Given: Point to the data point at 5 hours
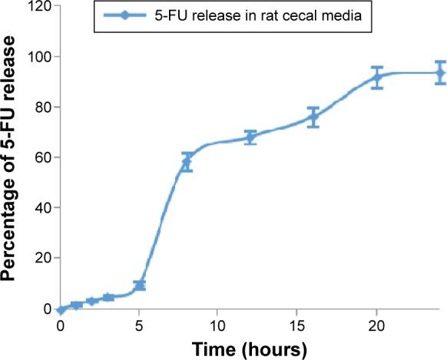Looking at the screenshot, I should (139, 286).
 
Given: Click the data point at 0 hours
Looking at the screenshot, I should (61, 310).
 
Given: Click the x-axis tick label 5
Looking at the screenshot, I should (139, 325).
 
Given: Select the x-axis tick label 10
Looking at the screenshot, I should (218, 325).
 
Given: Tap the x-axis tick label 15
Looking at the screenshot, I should (297, 325).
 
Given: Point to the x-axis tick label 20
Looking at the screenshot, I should (376, 325).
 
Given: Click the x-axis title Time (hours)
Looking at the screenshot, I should (250, 349).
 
